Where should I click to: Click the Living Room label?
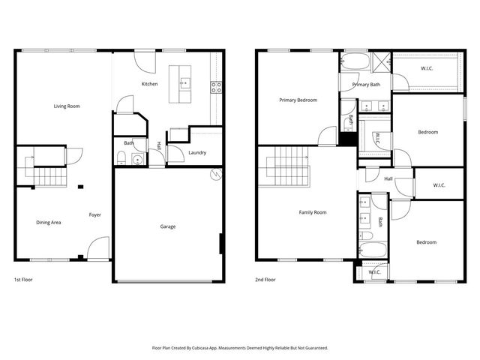[67, 106]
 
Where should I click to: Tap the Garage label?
[168, 226]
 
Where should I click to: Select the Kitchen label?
[149, 84]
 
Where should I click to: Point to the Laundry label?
[197, 153]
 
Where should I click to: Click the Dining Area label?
[49, 222]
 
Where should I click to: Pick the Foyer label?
[95, 215]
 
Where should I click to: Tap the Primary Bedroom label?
[298, 100]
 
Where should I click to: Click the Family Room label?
[313, 212]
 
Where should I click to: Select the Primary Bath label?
[366, 85]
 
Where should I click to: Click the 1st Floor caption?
[23, 280]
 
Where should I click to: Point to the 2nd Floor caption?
[265, 280]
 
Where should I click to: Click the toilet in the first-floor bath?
[121, 157]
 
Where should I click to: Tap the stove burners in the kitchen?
[217, 86]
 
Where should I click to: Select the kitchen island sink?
[183, 79]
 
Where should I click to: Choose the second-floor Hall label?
[388, 178]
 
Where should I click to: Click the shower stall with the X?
[381, 61]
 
